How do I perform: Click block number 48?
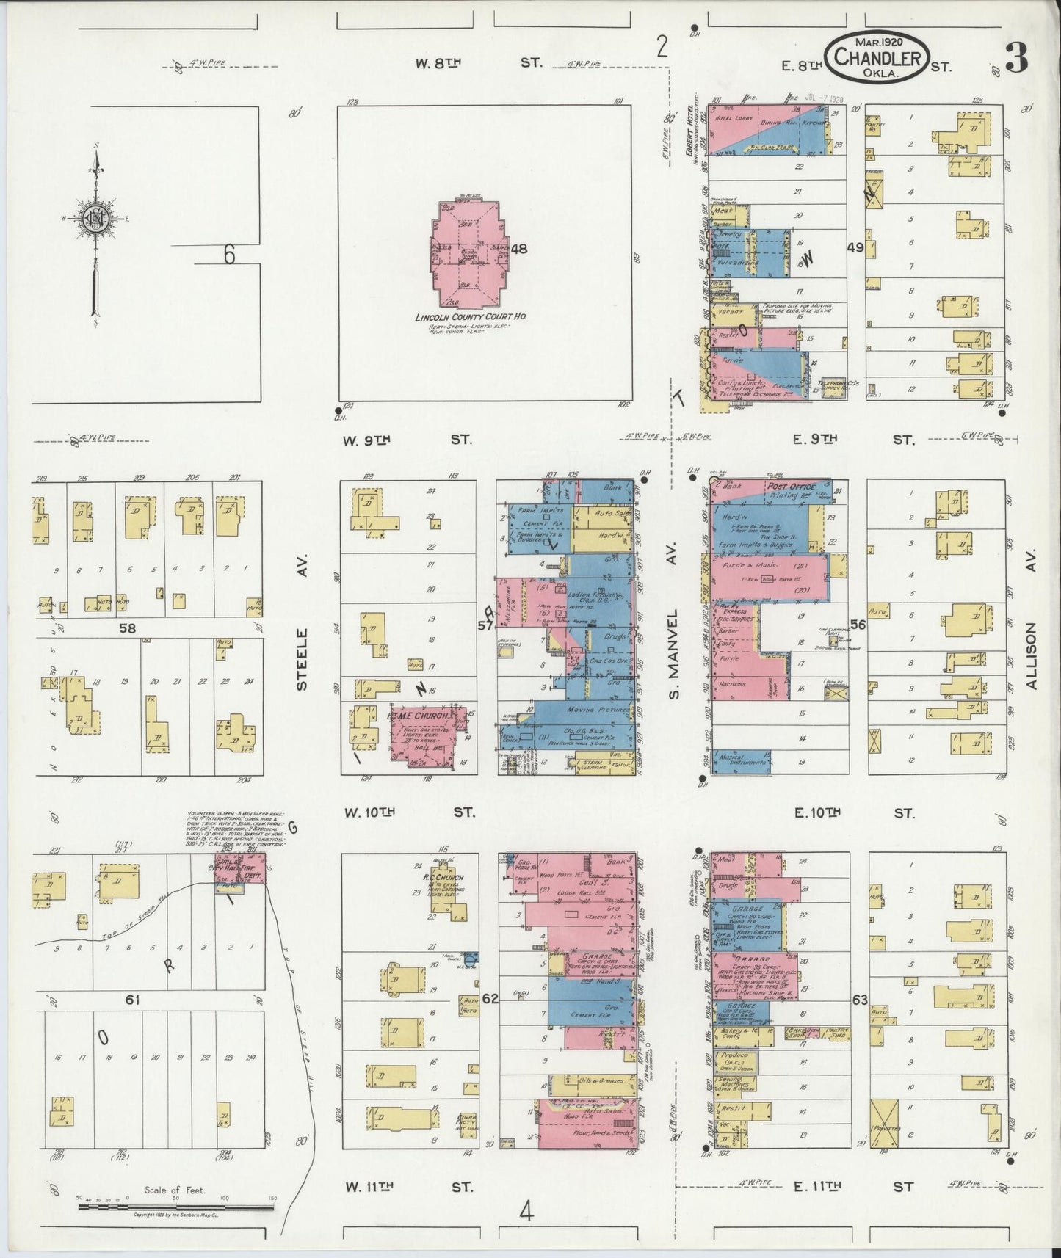tap(519, 249)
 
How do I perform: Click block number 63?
tap(860, 1000)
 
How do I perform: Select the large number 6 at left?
tap(230, 254)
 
